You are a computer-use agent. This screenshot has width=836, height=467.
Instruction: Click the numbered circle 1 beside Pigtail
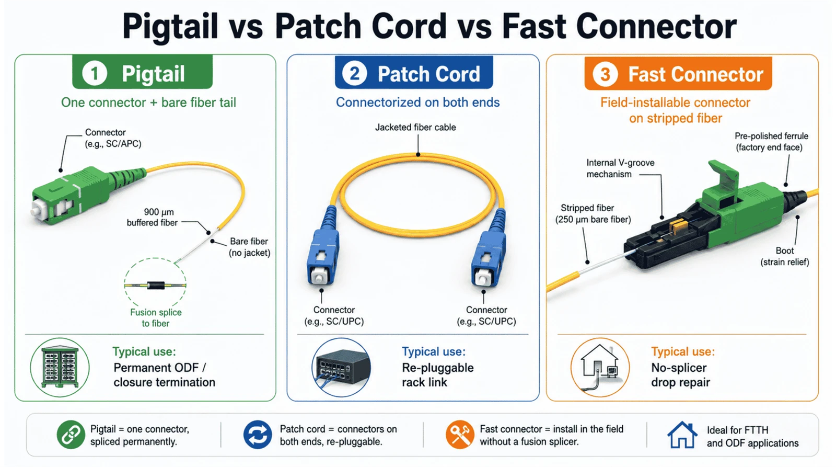[95, 73]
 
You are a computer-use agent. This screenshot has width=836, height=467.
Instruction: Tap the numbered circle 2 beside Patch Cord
[354, 73]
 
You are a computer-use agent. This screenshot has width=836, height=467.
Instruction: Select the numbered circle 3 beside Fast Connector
[605, 74]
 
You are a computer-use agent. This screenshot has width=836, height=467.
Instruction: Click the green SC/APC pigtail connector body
[71, 196]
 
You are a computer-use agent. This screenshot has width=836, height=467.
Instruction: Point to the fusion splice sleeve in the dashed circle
[156, 286]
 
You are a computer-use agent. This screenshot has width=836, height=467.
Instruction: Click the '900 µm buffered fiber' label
[152, 217]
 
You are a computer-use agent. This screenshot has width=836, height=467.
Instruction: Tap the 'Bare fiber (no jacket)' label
[249, 247]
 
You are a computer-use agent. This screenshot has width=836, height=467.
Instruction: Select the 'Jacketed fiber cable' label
[415, 128]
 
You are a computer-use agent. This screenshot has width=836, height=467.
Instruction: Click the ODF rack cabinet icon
[60, 367]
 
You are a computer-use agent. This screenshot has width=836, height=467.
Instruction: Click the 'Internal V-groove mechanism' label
[620, 168]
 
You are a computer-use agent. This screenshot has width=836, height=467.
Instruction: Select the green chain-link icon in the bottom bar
[71, 435]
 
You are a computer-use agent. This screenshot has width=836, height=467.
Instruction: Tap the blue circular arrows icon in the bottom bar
[258, 435]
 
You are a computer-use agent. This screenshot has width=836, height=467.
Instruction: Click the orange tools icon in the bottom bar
[459, 435]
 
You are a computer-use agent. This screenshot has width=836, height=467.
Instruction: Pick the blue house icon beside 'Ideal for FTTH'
[682, 435]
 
